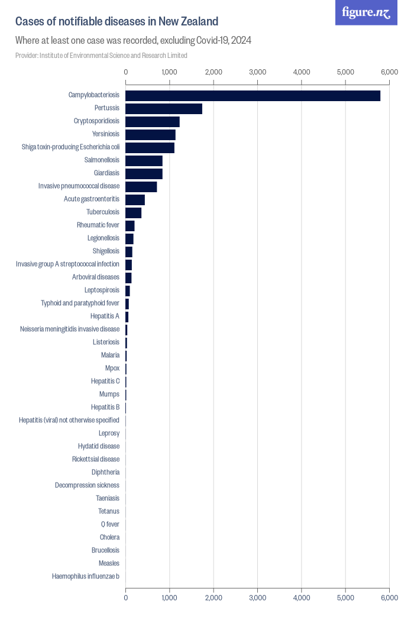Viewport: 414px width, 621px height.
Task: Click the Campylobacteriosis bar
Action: tap(253, 96)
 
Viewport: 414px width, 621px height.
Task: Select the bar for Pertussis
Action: tap(164, 109)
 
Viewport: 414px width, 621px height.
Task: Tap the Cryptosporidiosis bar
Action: tap(153, 122)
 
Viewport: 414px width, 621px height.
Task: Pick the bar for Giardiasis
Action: tap(144, 173)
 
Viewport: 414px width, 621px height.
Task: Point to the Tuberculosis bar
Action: tap(134, 212)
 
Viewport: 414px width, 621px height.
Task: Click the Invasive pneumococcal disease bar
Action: tap(141, 186)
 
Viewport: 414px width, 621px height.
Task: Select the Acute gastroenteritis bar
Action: tap(135, 199)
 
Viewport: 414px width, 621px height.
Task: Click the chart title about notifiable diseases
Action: tap(117, 22)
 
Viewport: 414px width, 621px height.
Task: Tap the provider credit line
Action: tap(101, 56)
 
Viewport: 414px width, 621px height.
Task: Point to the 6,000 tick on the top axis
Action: tap(389, 72)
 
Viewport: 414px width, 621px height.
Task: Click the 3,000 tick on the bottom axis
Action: tap(257, 598)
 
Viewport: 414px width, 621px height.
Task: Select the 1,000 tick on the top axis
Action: tap(170, 72)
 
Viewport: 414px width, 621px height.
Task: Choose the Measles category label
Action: tap(109, 564)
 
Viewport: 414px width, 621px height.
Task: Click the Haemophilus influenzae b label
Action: tap(85, 577)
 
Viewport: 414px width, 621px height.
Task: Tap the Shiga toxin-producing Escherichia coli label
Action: tap(70, 147)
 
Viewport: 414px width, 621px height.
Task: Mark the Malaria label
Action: tap(110, 355)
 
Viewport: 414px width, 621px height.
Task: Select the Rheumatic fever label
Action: tap(98, 225)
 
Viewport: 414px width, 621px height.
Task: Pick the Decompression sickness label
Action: tap(87, 486)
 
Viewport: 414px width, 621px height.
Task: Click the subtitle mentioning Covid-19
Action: tap(134, 40)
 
